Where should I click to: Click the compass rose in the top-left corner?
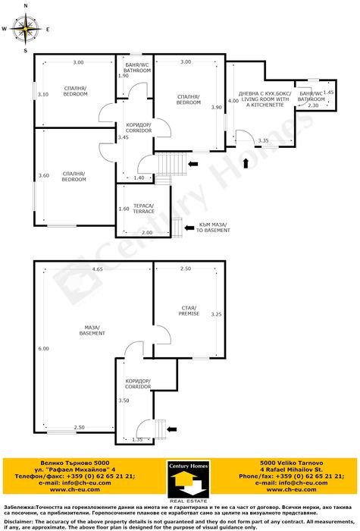point(26,30)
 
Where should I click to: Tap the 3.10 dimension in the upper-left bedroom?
point(43,95)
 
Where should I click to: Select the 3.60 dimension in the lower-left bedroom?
point(43,176)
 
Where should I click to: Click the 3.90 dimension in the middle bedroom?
point(218,108)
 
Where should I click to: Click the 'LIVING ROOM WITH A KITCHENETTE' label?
point(264,100)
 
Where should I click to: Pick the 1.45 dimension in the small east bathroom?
point(328,92)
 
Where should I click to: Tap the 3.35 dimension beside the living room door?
point(263,141)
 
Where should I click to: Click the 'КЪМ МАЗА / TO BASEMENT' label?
point(211,227)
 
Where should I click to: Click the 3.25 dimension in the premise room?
point(216,314)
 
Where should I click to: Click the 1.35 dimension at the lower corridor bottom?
point(137,439)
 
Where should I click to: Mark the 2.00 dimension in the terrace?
point(147,232)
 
